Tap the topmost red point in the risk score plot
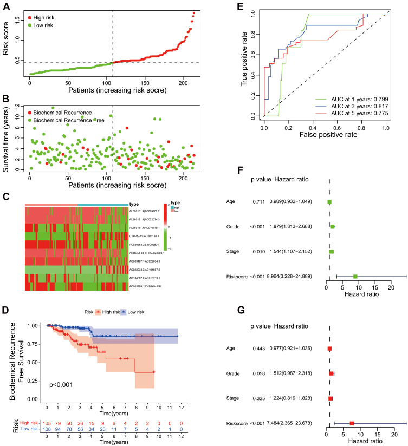pos(194,13)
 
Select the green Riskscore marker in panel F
pos(355,277)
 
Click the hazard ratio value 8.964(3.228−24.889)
pos(307,277)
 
